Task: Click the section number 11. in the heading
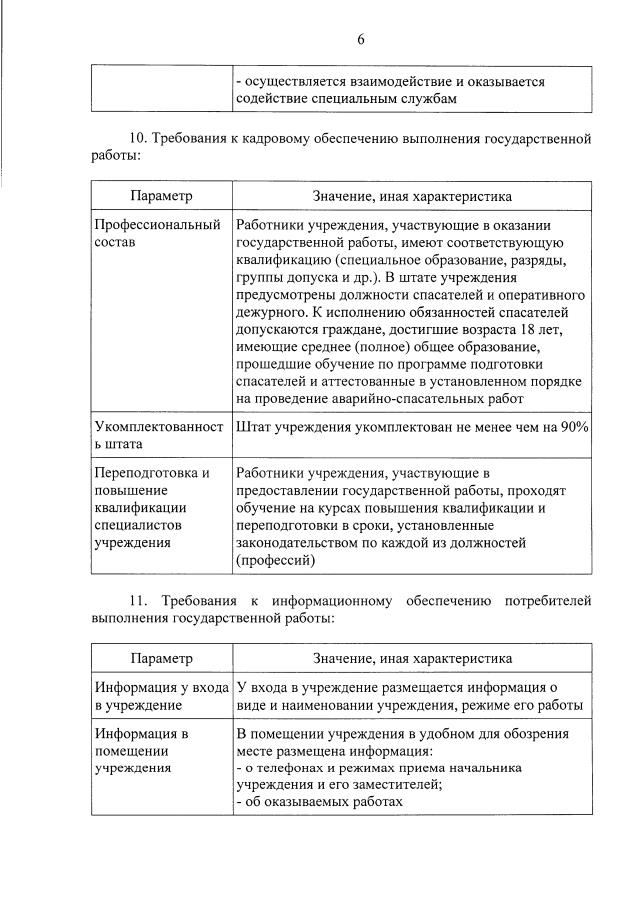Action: [x=138, y=600]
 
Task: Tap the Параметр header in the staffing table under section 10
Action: [x=161, y=197]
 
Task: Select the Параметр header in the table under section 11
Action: [x=161, y=659]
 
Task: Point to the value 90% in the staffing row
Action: [x=573, y=426]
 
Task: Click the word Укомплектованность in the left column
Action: [x=157, y=426]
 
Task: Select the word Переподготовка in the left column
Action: [x=152, y=472]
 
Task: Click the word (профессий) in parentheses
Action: [x=276, y=561]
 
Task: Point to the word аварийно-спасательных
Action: [x=433, y=398]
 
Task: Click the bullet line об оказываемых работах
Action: [x=319, y=802]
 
